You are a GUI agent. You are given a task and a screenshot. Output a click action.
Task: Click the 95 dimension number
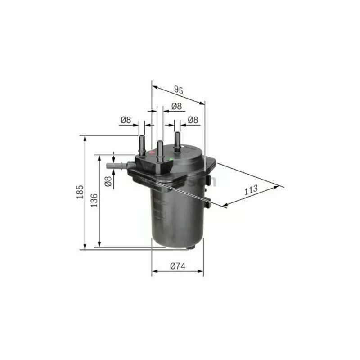pyautogui.click(x=179, y=90)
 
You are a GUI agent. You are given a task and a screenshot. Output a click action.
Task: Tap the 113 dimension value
pyautogui.click(x=251, y=190)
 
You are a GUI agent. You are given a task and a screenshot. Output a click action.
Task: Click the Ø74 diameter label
pyautogui.click(x=178, y=266)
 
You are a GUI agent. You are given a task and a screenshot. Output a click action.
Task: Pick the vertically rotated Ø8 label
pyautogui.click(x=108, y=181)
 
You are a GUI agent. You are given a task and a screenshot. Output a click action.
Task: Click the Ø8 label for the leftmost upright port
pyautogui.click(x=126, y=120)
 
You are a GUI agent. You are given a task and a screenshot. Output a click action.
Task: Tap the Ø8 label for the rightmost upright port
pyautogui.click(x=193, y=120)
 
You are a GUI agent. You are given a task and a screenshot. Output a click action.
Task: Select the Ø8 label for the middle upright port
pyautogui.click(x=176, y=107)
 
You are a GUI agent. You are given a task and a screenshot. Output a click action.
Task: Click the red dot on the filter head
pyautogui.click(x=151, y=153)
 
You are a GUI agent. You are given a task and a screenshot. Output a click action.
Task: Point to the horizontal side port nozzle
pyautogui.click(x=115, y=166)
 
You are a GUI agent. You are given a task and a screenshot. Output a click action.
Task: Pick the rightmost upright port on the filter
pyautogui.click(x=177, y=140)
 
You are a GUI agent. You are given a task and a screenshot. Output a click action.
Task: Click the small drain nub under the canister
pyautogui.click(x=192, y=247)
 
